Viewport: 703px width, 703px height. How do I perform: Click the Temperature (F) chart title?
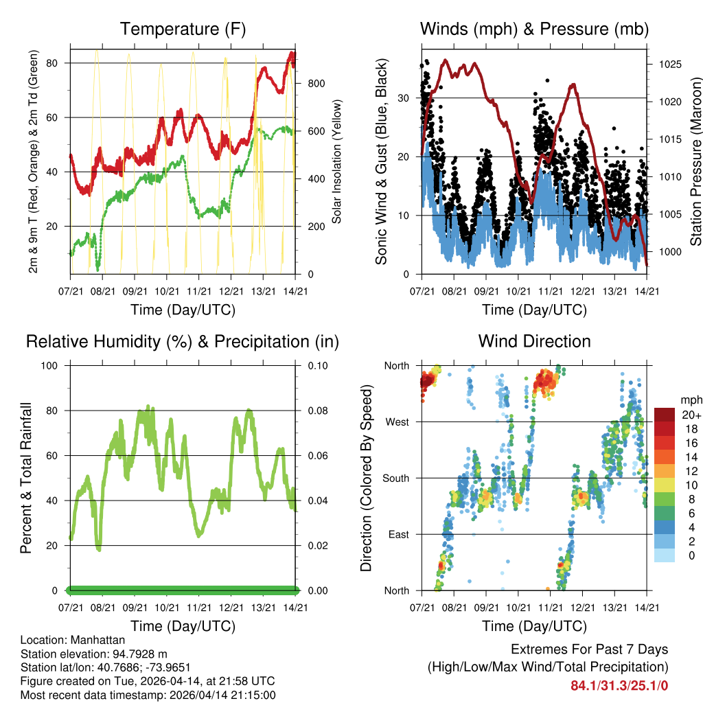pos(183,30)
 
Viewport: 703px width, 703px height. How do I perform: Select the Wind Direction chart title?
pos(534,341)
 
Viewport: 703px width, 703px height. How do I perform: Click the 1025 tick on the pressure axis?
pos(669,65)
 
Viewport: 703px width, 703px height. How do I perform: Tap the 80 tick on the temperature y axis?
pos(58,63)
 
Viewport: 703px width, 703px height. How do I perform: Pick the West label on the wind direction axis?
pos(397,422)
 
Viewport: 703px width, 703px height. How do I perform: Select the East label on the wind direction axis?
pos(398,535)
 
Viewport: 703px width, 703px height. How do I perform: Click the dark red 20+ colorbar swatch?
pos(664,415)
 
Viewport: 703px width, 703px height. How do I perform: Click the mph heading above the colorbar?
pos(690,400)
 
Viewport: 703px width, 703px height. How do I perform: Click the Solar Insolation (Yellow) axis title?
pos(337,161)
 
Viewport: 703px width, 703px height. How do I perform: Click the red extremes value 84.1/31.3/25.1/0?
pos(619,685)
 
